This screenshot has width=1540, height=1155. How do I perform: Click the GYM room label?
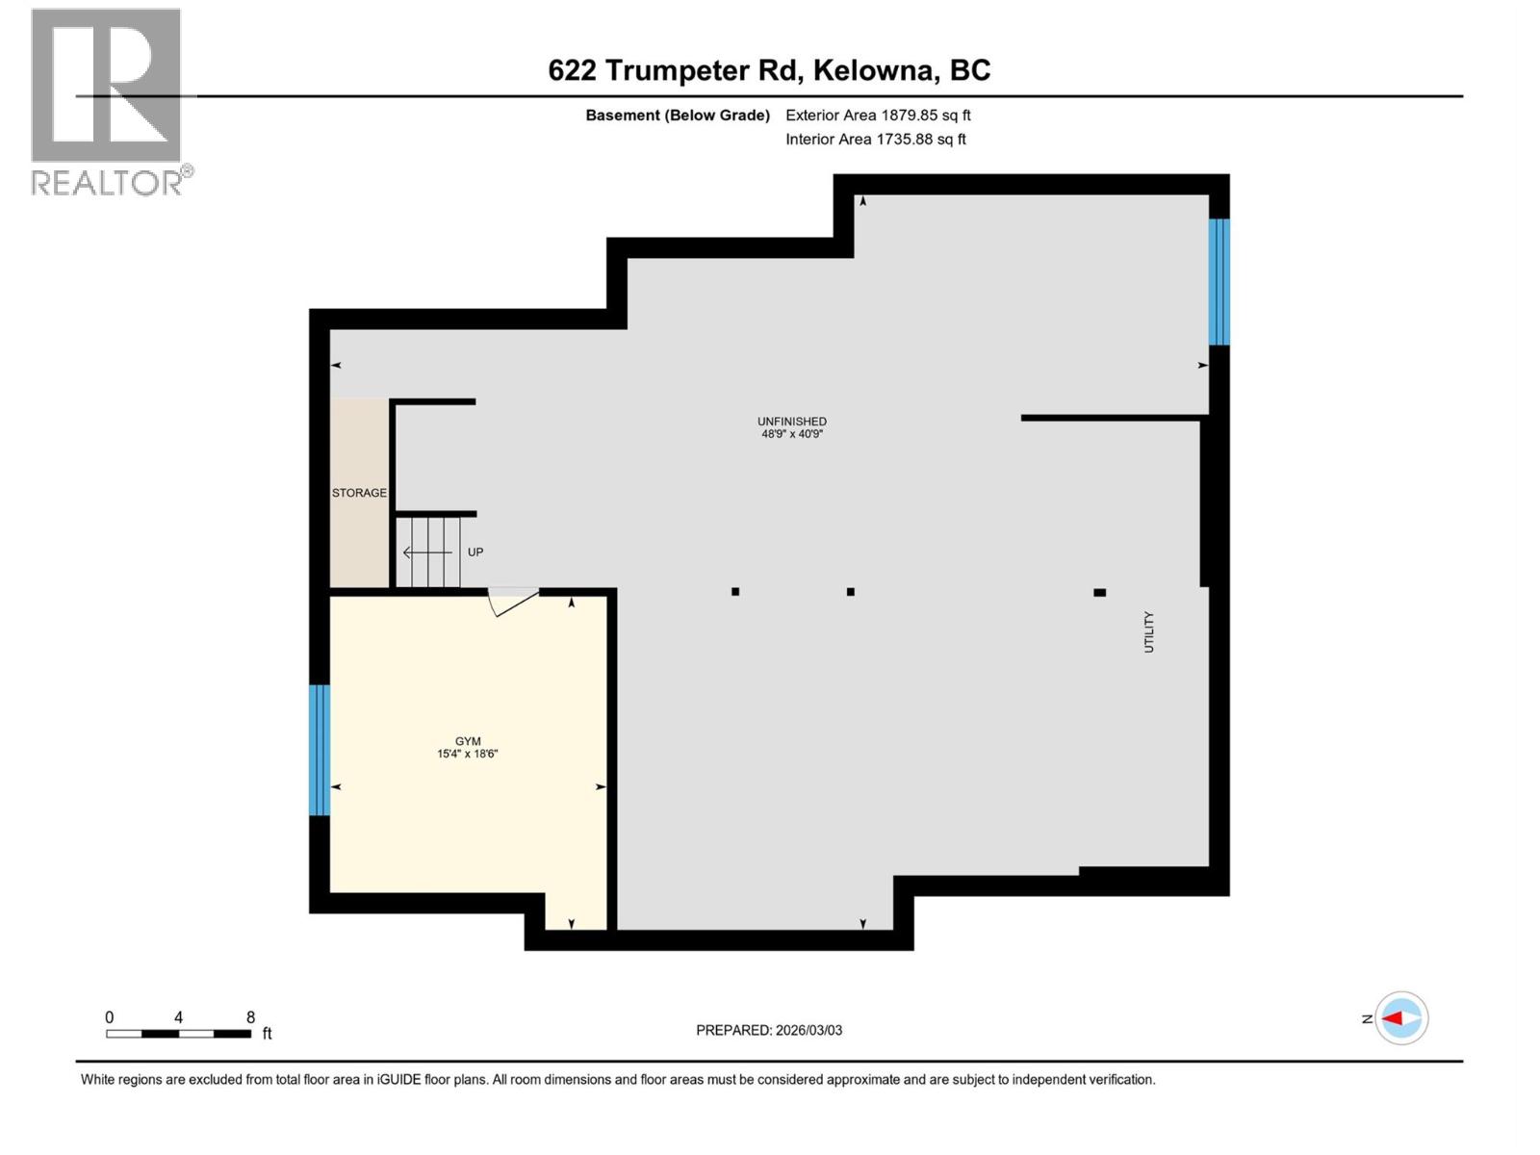pos(468,740)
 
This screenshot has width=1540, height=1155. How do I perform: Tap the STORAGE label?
pos(359,493)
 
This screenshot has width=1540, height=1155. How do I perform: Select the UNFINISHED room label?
pos(791,421)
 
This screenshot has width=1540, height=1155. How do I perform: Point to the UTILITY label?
pos(1148,632)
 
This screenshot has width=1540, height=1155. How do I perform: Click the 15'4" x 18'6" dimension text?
pos(468,754)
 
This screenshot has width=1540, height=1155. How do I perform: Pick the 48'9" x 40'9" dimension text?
pos(791,434)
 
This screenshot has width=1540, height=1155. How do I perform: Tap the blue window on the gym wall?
pos(320,750)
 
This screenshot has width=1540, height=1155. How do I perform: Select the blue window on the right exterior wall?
pos(1219,281)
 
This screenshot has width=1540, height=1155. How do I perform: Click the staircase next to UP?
pos(428,552)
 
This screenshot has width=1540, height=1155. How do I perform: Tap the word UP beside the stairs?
pos(475,552)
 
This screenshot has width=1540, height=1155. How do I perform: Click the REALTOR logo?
pos(108,101)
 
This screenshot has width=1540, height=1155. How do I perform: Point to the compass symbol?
pos(1400,1018)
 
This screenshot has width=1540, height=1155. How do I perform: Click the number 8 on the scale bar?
pos(250,1017)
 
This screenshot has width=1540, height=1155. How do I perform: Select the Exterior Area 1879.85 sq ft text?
pos(878,115)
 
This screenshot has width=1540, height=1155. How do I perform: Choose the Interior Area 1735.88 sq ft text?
pos(875,140)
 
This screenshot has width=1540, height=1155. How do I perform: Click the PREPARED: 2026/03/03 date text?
pos(769,1030)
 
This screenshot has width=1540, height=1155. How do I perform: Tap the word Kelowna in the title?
pos(874,70)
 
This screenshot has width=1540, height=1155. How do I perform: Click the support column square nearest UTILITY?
pos(1099,593)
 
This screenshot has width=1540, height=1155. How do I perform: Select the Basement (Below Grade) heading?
pos(678,115)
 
